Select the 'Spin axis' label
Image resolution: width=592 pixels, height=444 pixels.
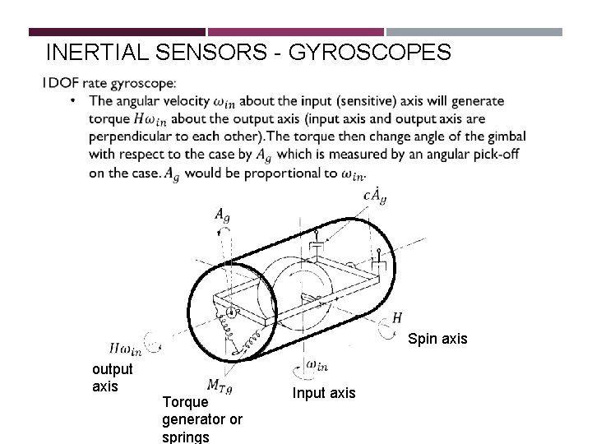pyautogui.click(x=437, y=338)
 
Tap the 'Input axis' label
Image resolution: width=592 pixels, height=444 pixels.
pyautogui.click(x=324, y=393)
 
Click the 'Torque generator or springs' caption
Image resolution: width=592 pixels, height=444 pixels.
pyautogui.click(x=202, y=419)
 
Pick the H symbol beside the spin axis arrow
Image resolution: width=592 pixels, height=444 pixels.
pyautogui.click(x=397, y=317)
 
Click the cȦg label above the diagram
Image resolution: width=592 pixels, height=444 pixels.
pyautogui.click(x=374, y=197)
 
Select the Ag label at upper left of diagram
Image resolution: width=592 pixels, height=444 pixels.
pyautogui.click(x=222, y=215)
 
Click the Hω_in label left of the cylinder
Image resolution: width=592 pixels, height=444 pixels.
pyautogui.click(x=125, y=349)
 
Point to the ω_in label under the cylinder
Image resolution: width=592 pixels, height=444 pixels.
pyautogui.click(x=317, y=363)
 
